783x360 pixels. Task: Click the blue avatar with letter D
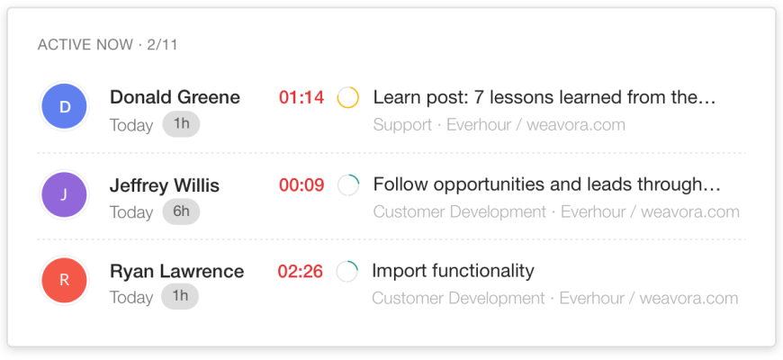click(64, 107)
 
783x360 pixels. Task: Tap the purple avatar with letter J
click(64, 194)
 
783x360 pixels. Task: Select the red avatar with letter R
click(64, 280)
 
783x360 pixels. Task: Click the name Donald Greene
click(175, 97)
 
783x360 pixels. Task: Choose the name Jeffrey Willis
click(164, 185)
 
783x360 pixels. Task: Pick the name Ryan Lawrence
click(176, 271)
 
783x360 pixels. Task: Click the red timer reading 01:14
click(301, 97)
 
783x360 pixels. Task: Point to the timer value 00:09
click(301, 185)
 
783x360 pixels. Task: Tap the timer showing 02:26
click(301, 271)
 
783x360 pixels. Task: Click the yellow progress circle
click(348, 97)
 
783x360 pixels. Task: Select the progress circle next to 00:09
click(348, 185)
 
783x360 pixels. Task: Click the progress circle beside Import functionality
click(347, 271)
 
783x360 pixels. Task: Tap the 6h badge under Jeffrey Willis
click(181, 211)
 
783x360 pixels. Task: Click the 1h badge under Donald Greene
click(181, 124)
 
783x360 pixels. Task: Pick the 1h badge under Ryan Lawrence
click(180, 296)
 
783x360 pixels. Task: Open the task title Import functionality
click(453, 271)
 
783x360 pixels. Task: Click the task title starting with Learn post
click(544, 97)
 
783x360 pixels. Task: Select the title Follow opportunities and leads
click(547, 185)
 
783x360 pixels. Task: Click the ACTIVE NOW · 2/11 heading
click(107, 45)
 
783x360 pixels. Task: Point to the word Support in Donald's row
click(401, 124)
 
